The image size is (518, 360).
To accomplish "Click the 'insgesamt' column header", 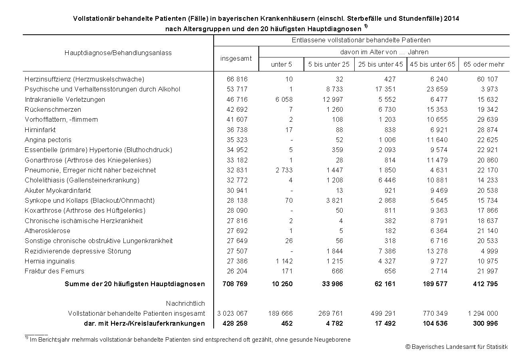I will [x=236, y=58].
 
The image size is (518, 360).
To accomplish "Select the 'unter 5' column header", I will [x=281, y=64].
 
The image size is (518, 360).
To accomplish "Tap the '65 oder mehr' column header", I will [x=484, y=64].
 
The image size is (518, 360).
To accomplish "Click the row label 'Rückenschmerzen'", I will [x=53, y=109].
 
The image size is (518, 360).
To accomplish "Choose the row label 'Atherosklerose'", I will [x=48, y=231].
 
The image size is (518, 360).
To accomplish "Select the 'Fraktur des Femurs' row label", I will [x=54, y=271].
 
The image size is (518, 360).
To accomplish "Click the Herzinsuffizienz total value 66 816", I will [x=237, y=79].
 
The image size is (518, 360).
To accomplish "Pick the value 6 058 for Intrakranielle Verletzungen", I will [x=284, y=99].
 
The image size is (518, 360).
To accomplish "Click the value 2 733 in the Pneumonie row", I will [x=284, y=170].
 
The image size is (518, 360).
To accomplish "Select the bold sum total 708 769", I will [x=235, y=284].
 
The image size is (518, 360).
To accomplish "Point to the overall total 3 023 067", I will [x=233, y=313].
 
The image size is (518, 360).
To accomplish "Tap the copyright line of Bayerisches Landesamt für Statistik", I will [x=456, y=347].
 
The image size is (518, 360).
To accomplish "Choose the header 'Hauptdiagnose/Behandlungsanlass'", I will [x=118, y=53].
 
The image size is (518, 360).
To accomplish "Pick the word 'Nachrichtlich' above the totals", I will [x=185, y=303].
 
